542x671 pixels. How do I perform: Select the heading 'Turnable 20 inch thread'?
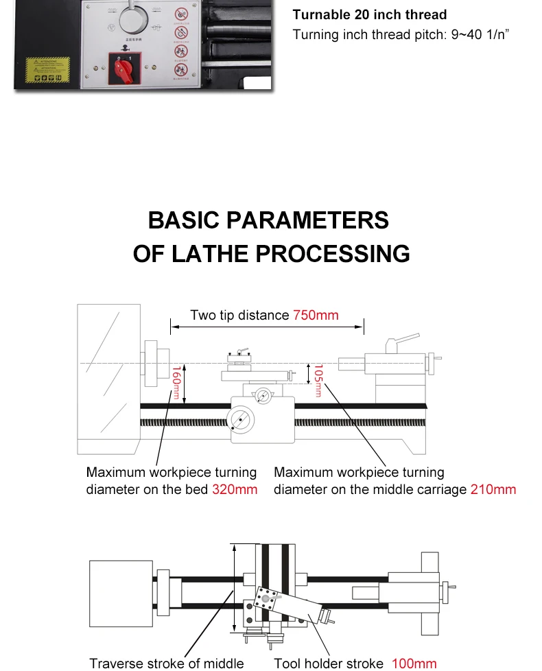click(370, 14)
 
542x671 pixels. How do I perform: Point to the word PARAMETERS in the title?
click(307, 220)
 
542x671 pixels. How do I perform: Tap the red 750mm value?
click(316, 315)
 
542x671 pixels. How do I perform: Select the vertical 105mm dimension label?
click(318, 379)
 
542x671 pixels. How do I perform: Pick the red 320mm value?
click(235, 489)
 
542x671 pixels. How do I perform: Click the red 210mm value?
click(493, 489)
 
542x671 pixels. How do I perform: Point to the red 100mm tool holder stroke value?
click(414, 663)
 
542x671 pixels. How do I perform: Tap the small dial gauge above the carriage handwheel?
click(263, 395)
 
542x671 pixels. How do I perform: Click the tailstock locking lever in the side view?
click(403, 340)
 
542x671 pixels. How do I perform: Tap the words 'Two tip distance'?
click(239, 315)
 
